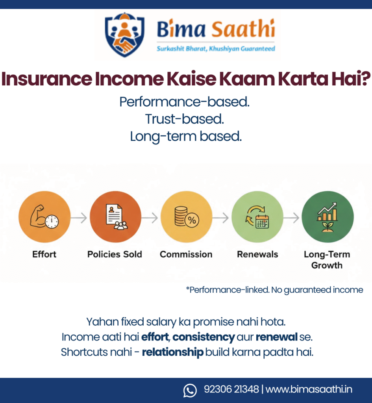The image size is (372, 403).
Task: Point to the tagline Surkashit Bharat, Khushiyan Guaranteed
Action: pos(216,49)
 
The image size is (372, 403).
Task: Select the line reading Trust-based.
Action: pos(185,119)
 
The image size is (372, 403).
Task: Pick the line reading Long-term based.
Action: pos(185,136)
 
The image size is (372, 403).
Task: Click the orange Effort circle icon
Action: pos(44,216)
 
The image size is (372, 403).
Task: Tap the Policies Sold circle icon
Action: pos(115,216)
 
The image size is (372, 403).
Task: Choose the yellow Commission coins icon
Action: pos(186,216)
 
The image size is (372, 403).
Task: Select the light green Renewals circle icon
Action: pos(257,216)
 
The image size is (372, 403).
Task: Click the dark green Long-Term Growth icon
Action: pos(327,216)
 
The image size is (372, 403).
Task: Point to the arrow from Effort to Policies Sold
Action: pos(80,217)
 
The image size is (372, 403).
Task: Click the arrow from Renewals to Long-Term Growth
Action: pos(292,217)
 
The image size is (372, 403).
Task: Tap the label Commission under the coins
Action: pos(186,254)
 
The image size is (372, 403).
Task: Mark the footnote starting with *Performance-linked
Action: pos(274,290)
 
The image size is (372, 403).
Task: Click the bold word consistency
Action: pos(204,337)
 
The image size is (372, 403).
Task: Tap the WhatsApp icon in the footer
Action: pos(190,390)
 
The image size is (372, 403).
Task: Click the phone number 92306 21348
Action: pos(231,390)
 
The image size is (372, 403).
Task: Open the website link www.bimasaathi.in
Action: pos(309,390)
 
